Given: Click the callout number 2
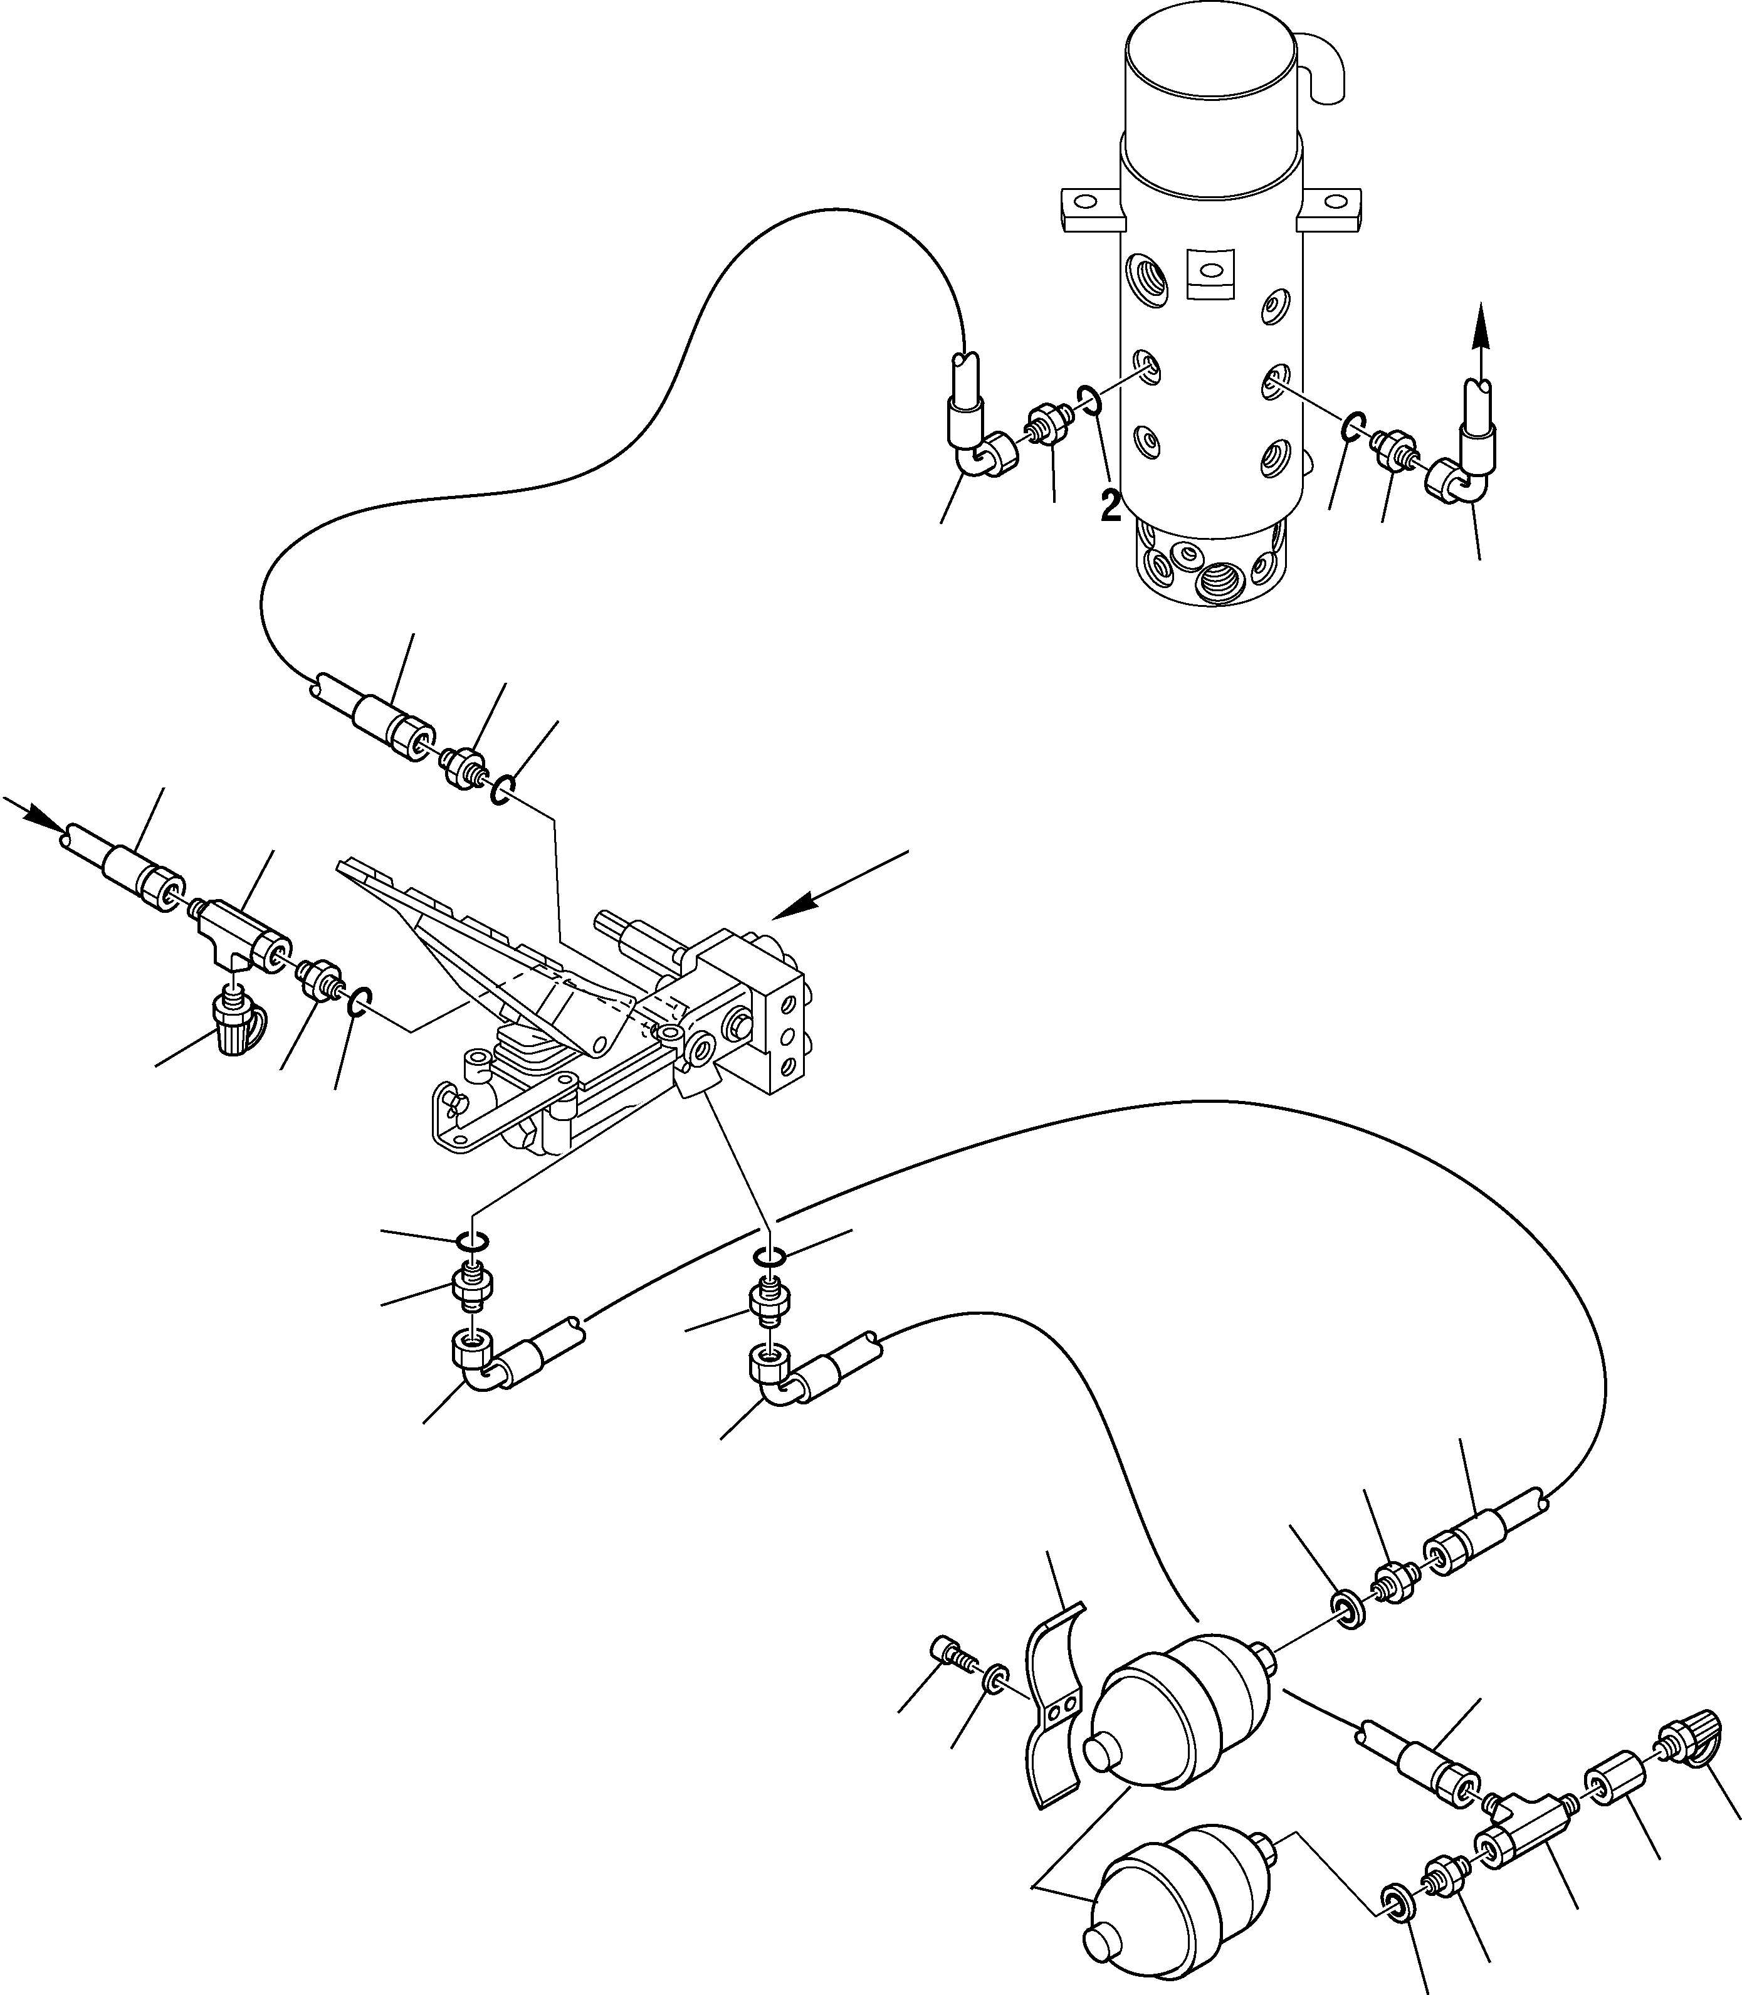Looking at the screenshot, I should tap(1110, 505).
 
